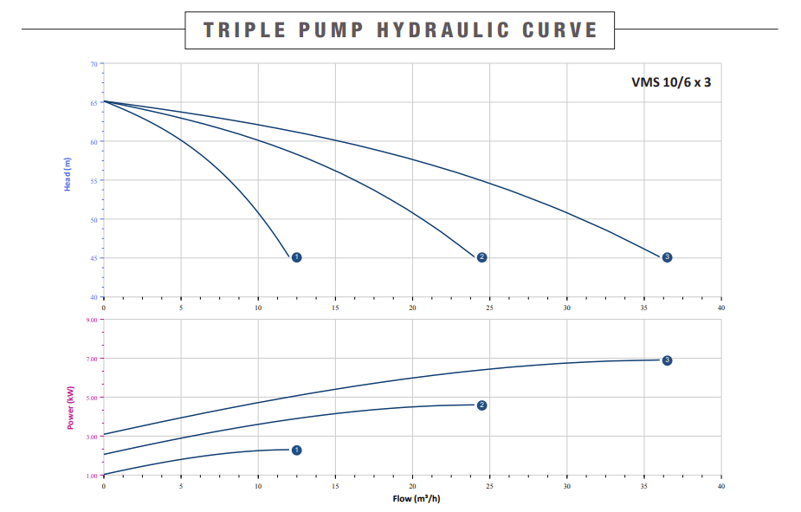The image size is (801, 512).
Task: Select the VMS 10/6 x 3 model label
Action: tap(671, 83)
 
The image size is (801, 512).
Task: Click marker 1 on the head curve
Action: tap(296, 257)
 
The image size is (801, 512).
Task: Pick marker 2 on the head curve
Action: tap(481, 257)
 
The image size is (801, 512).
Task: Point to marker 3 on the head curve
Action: tap(667, 257)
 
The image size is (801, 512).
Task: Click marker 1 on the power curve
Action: tap(296, 450)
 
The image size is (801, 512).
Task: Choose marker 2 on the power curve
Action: tap(481, 405)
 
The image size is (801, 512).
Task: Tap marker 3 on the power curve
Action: tap(667, 360)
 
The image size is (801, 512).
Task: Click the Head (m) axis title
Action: tap(68, 173)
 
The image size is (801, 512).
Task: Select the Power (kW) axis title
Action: tap(70, 407)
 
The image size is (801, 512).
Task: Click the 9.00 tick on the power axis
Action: tap(91, 320)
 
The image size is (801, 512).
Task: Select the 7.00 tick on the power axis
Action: tap(91, 359)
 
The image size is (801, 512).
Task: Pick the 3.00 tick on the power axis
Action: tap(91, 437)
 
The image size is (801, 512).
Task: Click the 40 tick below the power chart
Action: tap(721, 487)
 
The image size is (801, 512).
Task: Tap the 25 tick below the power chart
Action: tap(490, 487)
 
